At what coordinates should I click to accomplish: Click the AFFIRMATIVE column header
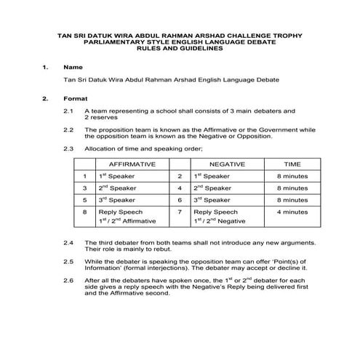132,164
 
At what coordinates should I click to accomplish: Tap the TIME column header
292,164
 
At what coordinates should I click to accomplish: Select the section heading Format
76,98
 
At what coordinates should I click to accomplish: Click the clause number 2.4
68,241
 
